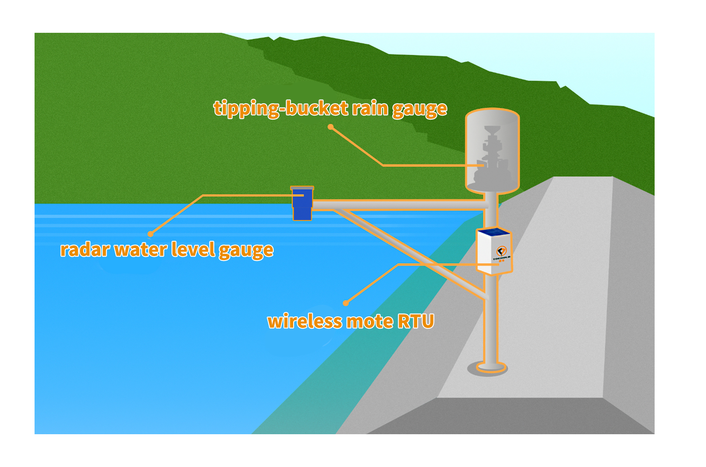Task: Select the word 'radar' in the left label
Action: [85, 250]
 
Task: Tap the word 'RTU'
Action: [415, 321]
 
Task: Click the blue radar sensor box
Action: [303, 204]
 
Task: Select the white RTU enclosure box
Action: [493, 255]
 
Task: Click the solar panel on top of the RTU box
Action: [493, 233]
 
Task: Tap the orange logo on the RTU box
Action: [501, 251]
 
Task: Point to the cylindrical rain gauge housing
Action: [492, 151]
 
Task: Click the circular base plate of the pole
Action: [487, 367]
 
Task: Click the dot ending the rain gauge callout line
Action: [330, 127]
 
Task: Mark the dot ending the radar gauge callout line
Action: [151, 233]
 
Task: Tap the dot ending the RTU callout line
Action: [346, 303]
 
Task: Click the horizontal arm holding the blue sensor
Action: [399, 204]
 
